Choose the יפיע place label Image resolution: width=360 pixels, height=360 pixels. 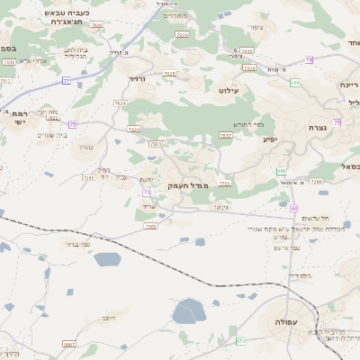point(269,139)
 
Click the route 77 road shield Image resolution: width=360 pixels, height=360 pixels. point(67,81)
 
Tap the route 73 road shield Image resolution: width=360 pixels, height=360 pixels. point(146,192)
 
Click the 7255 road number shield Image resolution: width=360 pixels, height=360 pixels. point(88,178)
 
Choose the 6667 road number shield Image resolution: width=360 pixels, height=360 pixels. point(69,345)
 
